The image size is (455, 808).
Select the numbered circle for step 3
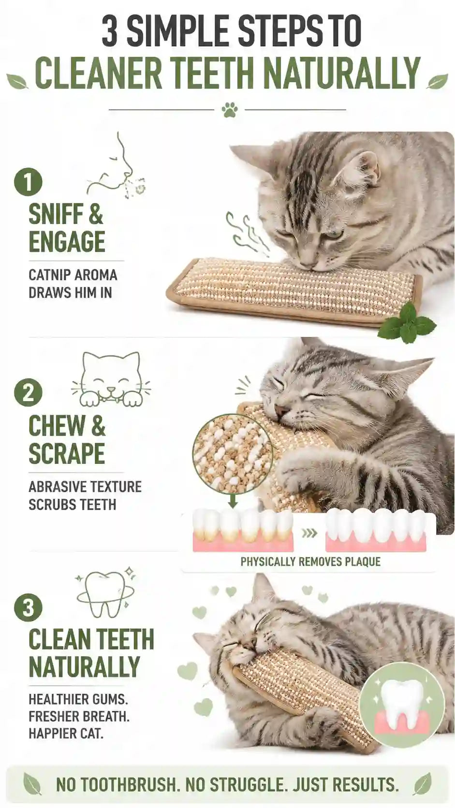click(28, 608)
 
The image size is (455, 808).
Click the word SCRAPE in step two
click(67, 453)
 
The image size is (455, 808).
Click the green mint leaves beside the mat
click(406, 320)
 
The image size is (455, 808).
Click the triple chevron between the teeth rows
click(309, 533)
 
